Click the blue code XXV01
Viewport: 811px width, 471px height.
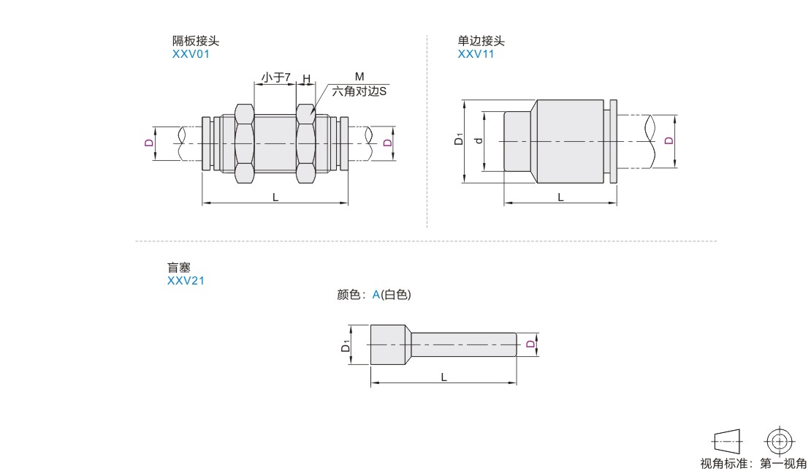(190, 53)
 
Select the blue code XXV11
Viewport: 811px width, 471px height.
(476, 53)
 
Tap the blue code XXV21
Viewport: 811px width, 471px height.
(186, 280)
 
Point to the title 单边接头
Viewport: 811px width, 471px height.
(481, 42)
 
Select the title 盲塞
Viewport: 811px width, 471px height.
(180, 268)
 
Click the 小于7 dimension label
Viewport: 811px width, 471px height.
(276, 77)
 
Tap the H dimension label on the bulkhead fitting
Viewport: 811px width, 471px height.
(306, 78)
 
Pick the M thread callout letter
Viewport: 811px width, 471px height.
(359, 77)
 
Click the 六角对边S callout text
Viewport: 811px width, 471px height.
(359, 91)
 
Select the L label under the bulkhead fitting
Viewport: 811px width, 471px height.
(275, 197)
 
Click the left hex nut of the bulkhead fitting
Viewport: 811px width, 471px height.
(243, 143)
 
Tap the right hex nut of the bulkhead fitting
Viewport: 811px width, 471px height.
(306, 143)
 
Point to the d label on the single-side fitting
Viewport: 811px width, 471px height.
(479, 140)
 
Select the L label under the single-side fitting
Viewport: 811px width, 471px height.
(560, 197)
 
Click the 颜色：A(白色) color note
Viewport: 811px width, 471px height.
(374, 295)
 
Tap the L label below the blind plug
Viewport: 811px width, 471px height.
(443, 376)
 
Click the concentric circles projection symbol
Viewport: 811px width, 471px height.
(780, 440)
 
